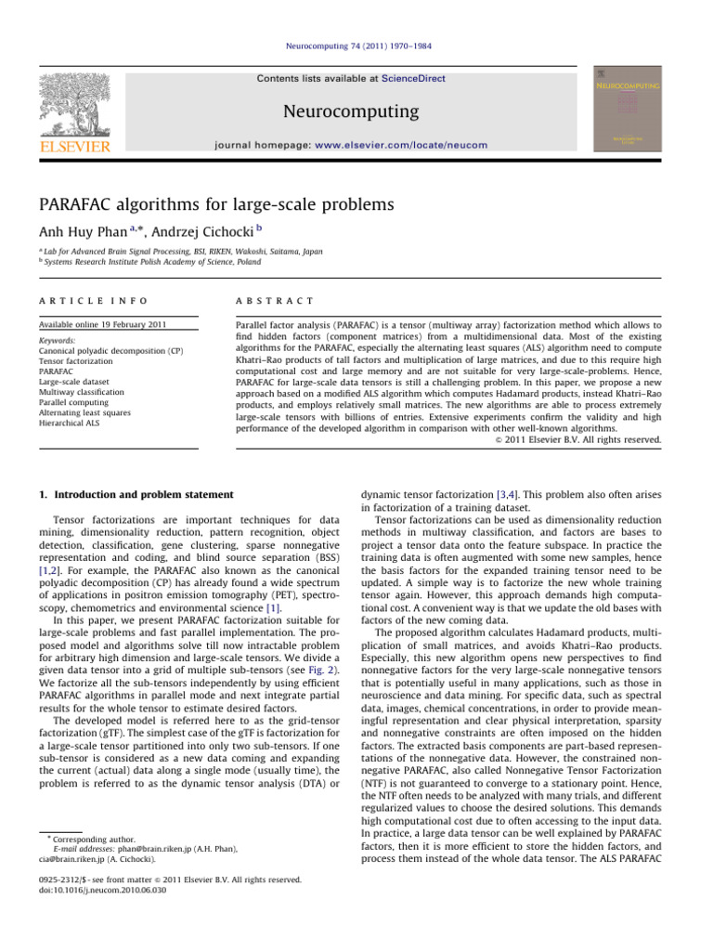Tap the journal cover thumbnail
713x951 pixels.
tap(635, 110)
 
